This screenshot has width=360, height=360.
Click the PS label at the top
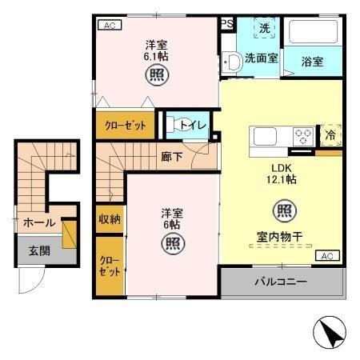point(227,24)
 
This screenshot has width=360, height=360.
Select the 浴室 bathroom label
point(312,61)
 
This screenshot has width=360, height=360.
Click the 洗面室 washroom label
point(262,58)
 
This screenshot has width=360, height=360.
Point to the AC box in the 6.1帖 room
point(109,25)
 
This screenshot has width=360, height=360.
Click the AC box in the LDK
point(325,255)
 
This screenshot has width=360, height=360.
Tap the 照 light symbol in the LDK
point(284,211)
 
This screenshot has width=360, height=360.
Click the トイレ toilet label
point(193,125)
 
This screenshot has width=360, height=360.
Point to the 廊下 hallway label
point(172,156)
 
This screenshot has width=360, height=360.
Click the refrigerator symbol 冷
point(330,136)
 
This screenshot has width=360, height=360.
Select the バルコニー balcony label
point(281,282)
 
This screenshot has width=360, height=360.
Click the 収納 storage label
point(110,219)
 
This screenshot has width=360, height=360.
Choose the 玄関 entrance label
point(39,251)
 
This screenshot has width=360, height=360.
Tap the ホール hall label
point(38,222)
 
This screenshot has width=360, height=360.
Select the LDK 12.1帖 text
point(282,174)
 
